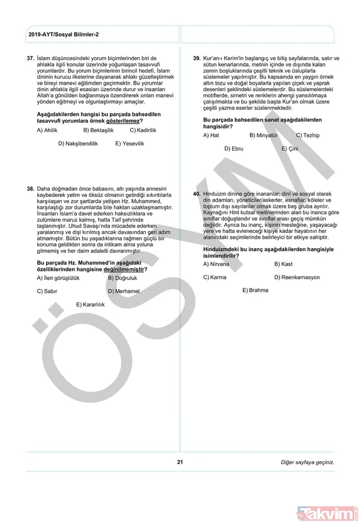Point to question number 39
(196, 58)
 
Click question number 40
(196, 195)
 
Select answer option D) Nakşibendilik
(78, 144)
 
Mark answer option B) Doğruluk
(122, 278)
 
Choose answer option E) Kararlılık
(91, 304)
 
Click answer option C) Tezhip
(308, 135)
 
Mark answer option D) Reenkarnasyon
(297, 277)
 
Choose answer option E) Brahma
(255, 290)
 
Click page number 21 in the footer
(179, 462)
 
